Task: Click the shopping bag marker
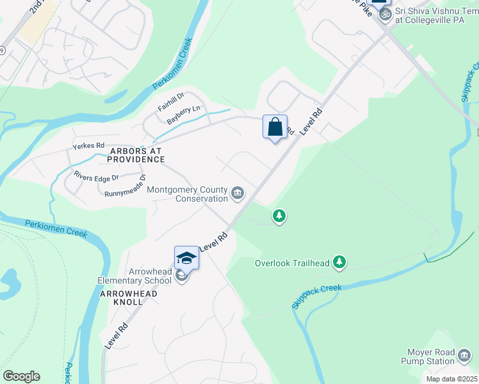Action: tap(275, 127)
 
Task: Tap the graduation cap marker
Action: tap(186, 258)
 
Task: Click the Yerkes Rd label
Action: tap(88, 147)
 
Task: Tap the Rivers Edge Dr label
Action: tap(96, 177)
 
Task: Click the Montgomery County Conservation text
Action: tap(187, 194)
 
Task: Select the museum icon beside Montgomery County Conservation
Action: tap(238, 193)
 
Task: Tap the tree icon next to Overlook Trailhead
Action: tap(339, 262)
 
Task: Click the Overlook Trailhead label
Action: tap(292, 263)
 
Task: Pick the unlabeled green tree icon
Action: tap(279, 216)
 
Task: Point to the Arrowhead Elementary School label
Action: tap(134, 276)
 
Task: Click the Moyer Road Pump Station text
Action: tap(431, 357)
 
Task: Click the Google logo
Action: tap(21, 376)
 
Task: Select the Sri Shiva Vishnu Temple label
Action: tap(435, 15)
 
